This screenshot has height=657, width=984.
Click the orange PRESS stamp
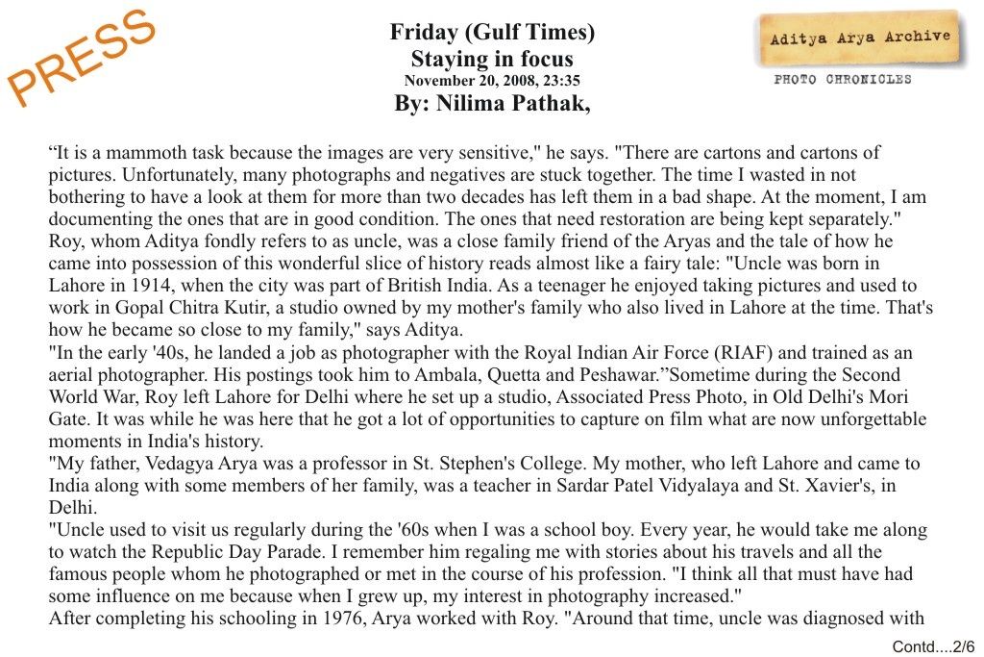(81, 58)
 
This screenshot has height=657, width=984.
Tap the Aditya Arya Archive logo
(860, 38)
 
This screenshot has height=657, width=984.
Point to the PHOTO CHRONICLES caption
(843, 80)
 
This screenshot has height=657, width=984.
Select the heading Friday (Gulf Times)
(492, 32)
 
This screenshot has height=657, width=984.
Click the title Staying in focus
(492, 59)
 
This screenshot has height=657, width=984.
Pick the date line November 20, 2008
(492, 81)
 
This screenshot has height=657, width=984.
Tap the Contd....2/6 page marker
(933, 646)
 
